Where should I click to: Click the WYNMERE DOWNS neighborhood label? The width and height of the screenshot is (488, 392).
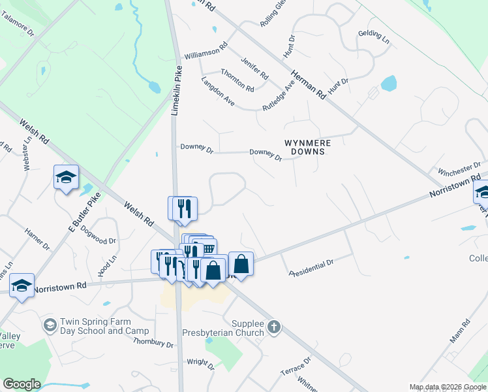click(x=307, y=146)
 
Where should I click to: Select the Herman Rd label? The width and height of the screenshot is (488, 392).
click(x=308, y=84)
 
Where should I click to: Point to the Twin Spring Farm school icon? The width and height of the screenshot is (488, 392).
click(x=50, y=325)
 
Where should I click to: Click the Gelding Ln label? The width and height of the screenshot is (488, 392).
click(x=373, y=37)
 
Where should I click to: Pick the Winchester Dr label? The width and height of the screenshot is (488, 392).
click(x=459, y=170)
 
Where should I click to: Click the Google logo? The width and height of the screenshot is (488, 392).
click(x=22, y=384)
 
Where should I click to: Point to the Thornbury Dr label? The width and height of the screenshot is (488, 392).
click(x=153, y=343)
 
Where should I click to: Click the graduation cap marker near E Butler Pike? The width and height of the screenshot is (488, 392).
click(x=66, y=178)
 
